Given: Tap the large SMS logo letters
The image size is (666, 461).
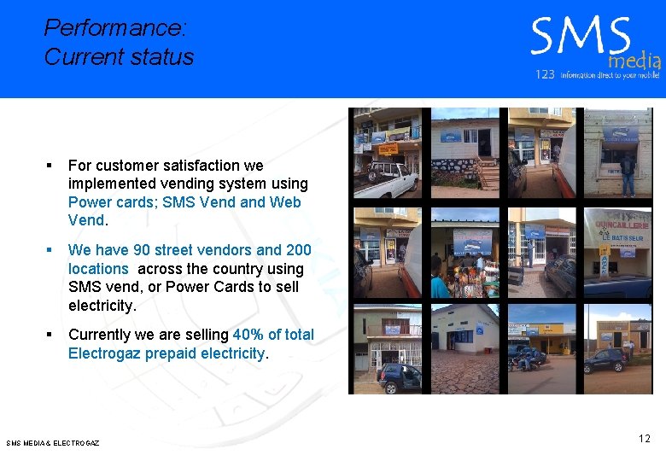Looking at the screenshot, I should (x=580, y=38).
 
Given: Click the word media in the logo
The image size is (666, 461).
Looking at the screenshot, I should (x=634, y=60).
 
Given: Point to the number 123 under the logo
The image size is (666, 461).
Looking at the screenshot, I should (x=545, y=75).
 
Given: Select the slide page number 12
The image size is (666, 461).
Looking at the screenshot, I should (x=644, y=439).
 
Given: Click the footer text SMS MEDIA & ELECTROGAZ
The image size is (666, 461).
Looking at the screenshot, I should (x=53, y=443).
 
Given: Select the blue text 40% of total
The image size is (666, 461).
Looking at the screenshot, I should (x=273, y=335).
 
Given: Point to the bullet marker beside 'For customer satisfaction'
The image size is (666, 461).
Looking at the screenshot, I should (x=50, y=166).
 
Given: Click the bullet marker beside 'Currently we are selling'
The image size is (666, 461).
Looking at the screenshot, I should (x=50, y=335).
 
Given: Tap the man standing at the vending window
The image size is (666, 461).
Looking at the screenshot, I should (x=628, y=172).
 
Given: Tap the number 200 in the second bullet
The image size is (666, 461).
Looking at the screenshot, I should (x=298, y=250).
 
